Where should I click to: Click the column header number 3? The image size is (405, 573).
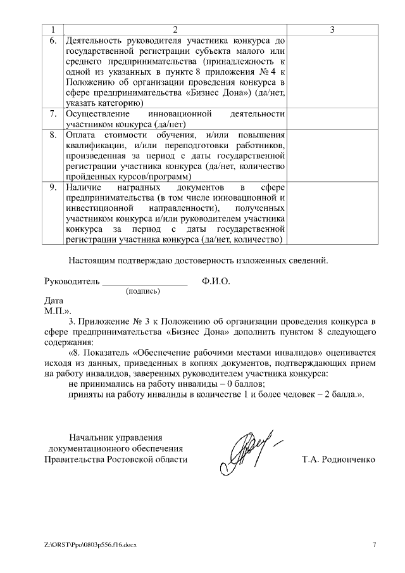click(332, 30)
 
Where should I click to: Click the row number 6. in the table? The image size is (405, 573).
click(53, 41)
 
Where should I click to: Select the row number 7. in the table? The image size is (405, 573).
click(53, 113)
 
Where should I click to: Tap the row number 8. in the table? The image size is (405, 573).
click(53, 135)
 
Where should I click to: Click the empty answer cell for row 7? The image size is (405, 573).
click(332, 119)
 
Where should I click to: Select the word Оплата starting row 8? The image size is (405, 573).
click(80, 135)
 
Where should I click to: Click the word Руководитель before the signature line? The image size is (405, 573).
click(72, 281)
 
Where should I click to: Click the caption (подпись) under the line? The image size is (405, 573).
click(143, 292)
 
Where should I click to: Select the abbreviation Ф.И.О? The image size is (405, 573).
click(216, 281)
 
